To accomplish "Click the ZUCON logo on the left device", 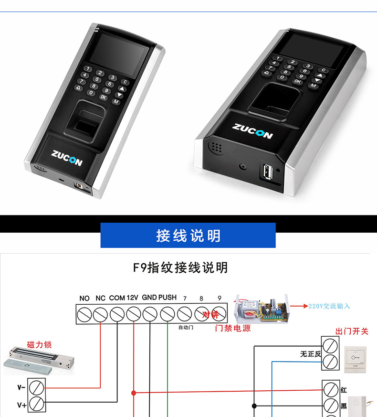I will (x=67, y=158).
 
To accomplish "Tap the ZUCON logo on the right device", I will (x=252, y=130).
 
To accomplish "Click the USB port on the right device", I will (x=266, y=171).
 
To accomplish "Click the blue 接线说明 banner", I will (x=188, y=235).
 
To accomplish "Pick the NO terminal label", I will (x=84, y=298).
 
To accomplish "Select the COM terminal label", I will (x=117, y=298).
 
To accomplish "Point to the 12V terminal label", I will (x=133, y=298).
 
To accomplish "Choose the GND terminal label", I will (x=149, y=298).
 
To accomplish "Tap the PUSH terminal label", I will (x=168, y=298).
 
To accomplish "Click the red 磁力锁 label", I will (x=39, y=344).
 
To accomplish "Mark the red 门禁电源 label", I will (x=233, y=329).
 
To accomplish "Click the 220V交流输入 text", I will (x=329, y=306).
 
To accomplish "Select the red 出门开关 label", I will (x=352, y=331).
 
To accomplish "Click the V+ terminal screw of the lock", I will (x=36, y=404).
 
